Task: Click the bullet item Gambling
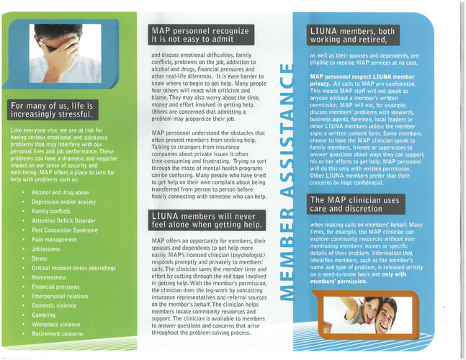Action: point(43,315)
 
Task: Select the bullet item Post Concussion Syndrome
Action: point(65,230)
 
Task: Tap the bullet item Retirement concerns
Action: point(58,334)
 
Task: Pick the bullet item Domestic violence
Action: point(54,306)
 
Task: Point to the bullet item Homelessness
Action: point(49,277)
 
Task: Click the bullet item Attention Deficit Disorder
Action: point(63,221)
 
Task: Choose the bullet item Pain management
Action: point(54,240)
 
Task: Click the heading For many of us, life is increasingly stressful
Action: point(53,110)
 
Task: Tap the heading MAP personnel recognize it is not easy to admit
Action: point(201,35)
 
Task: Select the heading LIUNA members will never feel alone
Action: point(207,220)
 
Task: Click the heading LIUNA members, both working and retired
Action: point(353,35)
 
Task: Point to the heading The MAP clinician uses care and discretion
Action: point(356,204)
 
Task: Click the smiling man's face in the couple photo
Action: point(385,315)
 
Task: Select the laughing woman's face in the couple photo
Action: point(371,311)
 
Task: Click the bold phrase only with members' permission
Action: point(358,278)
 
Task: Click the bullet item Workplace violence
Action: point(56,324)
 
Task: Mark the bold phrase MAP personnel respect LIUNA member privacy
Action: point(362,80)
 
